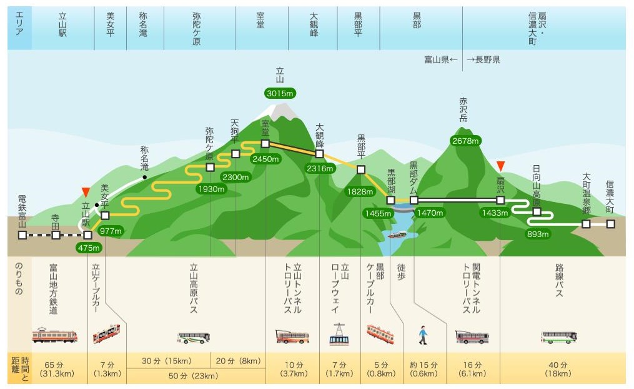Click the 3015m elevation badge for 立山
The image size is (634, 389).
click(x=280, y=93)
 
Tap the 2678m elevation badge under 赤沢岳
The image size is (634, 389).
click(x=467, y=141)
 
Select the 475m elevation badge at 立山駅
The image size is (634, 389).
click(x=88, y=248)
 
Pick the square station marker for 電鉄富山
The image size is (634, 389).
click(x=22, y=235)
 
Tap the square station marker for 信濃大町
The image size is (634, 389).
click(x=610, y=223)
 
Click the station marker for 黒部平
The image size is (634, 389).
click(x=360, y=169)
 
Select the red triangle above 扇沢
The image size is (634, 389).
click(x=500, y=166)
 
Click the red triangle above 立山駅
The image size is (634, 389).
click(x=86, y=191)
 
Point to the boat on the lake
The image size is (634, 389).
click(x=397, y=235)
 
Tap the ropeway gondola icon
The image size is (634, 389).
click(x=339, y=335)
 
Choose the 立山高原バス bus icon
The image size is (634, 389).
click(x=194, y=338)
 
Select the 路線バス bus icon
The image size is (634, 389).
click(x=558, y=337)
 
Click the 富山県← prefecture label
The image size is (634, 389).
click(x=441, y=59)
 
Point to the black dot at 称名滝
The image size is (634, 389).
click(x=144, y=178)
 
